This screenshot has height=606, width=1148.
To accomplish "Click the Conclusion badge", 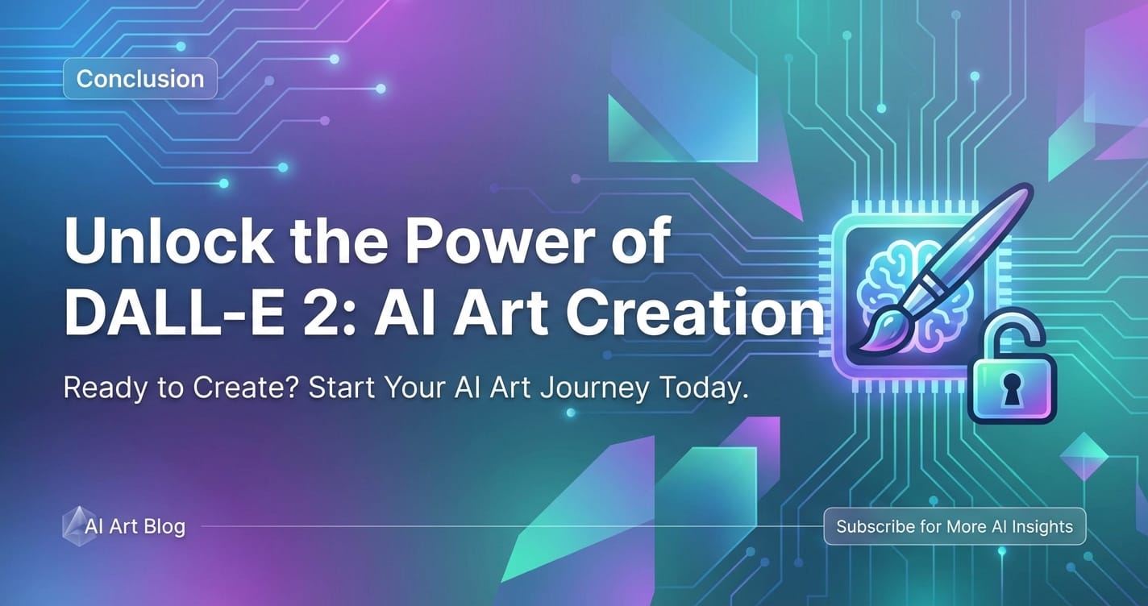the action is [140, 78].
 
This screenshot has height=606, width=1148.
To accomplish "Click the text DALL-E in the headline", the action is [174, 312].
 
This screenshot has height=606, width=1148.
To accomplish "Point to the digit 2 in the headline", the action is [320, 312].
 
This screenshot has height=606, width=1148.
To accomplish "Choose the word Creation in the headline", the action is [694, 312].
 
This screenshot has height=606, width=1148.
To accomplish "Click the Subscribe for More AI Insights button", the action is [955, 526].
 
